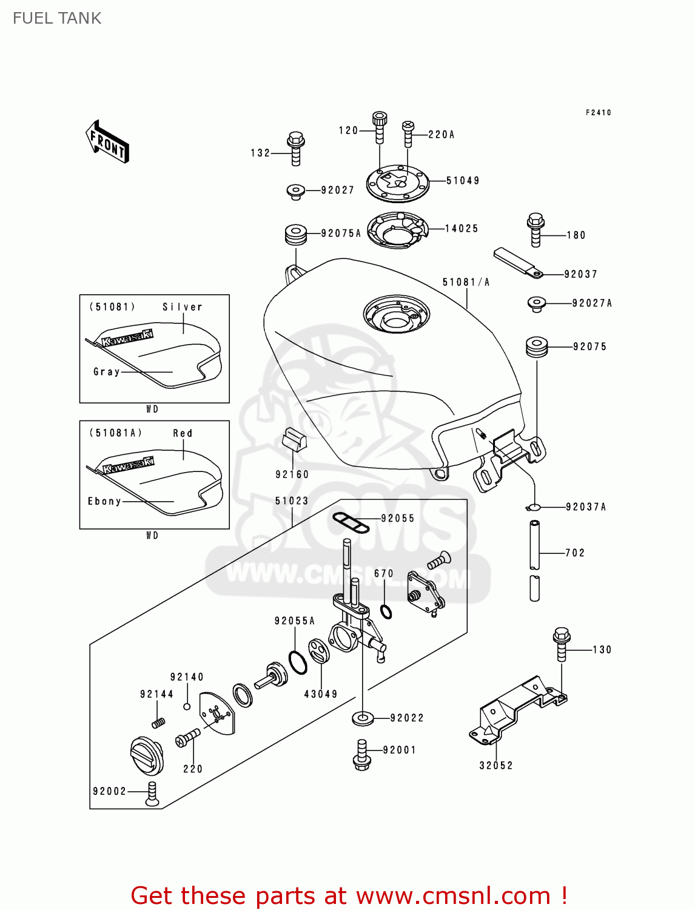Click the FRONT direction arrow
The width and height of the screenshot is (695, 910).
[107, 142]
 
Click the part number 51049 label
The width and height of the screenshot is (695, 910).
[463, 181]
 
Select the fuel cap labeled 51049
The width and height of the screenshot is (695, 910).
[397, 182]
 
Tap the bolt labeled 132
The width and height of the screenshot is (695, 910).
[295, 148]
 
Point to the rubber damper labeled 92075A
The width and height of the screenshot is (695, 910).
[296, 234]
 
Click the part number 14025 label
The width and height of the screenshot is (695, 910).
[462, 229]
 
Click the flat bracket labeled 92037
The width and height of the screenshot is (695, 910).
[517, 263]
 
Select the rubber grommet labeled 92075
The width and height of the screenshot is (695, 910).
[537, 347]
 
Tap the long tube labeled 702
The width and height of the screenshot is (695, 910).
[534, 545]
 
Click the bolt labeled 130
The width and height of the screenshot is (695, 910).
[562, 644]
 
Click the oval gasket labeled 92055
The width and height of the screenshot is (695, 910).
[351, 522]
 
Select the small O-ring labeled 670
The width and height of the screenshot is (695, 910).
[386, 611]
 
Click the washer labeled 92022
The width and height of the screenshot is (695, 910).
[363, 718]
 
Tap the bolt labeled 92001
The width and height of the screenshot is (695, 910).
[362, 755]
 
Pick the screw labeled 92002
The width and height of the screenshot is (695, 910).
[152, 794]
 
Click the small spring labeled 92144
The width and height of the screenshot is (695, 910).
[158, 723]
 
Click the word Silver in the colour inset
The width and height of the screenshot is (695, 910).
[182, 307]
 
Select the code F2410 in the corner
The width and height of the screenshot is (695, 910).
[598, 113]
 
